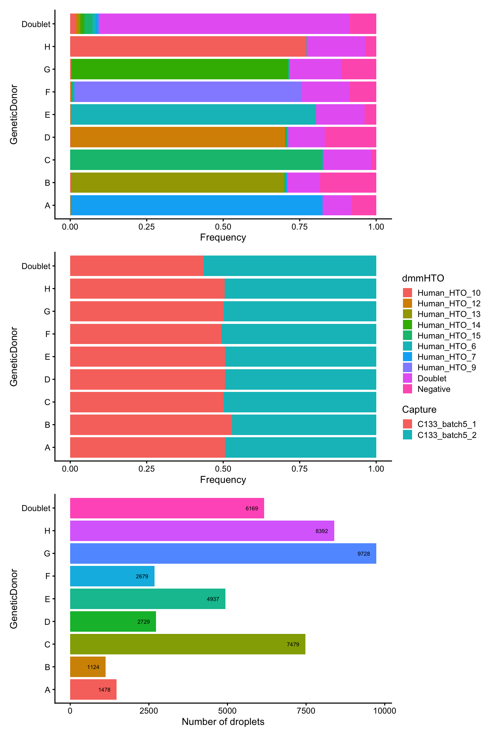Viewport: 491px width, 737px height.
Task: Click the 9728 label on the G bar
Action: point(364,554)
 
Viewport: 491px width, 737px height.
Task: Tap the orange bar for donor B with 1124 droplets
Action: point(88,667)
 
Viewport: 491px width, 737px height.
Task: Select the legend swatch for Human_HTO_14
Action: point(407,325)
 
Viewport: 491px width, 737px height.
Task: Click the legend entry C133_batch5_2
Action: point(446,435)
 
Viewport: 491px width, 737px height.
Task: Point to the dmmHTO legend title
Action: point(423,278)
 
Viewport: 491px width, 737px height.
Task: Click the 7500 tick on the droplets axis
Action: point(306,711)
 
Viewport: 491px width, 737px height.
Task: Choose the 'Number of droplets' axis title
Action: point(223,722)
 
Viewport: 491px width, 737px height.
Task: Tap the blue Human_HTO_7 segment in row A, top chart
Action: point(196,205)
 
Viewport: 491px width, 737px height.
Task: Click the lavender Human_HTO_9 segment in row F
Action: point(187,92)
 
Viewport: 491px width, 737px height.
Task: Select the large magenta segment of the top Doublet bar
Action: point(224,24)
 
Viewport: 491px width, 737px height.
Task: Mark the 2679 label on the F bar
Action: point(142,577)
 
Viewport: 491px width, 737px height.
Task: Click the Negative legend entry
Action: point(434,389)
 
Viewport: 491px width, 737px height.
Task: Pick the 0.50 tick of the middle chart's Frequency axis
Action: point(223,469)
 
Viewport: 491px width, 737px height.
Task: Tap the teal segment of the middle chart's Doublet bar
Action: point(290,266)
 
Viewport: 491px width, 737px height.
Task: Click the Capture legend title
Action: point(419,409)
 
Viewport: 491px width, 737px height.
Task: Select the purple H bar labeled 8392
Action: point(202,531)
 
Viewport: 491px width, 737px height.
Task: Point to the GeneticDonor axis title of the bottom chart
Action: point(14,598)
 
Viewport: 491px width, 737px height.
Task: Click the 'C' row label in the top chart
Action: point(47,160)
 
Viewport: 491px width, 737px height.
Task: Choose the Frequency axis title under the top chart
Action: point(223,237)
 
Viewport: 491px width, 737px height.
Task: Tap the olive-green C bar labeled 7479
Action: point(187,644)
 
